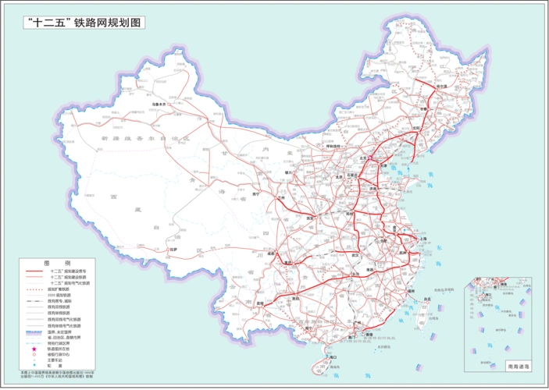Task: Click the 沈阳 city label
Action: [417, 126]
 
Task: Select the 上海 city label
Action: [422, 238]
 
